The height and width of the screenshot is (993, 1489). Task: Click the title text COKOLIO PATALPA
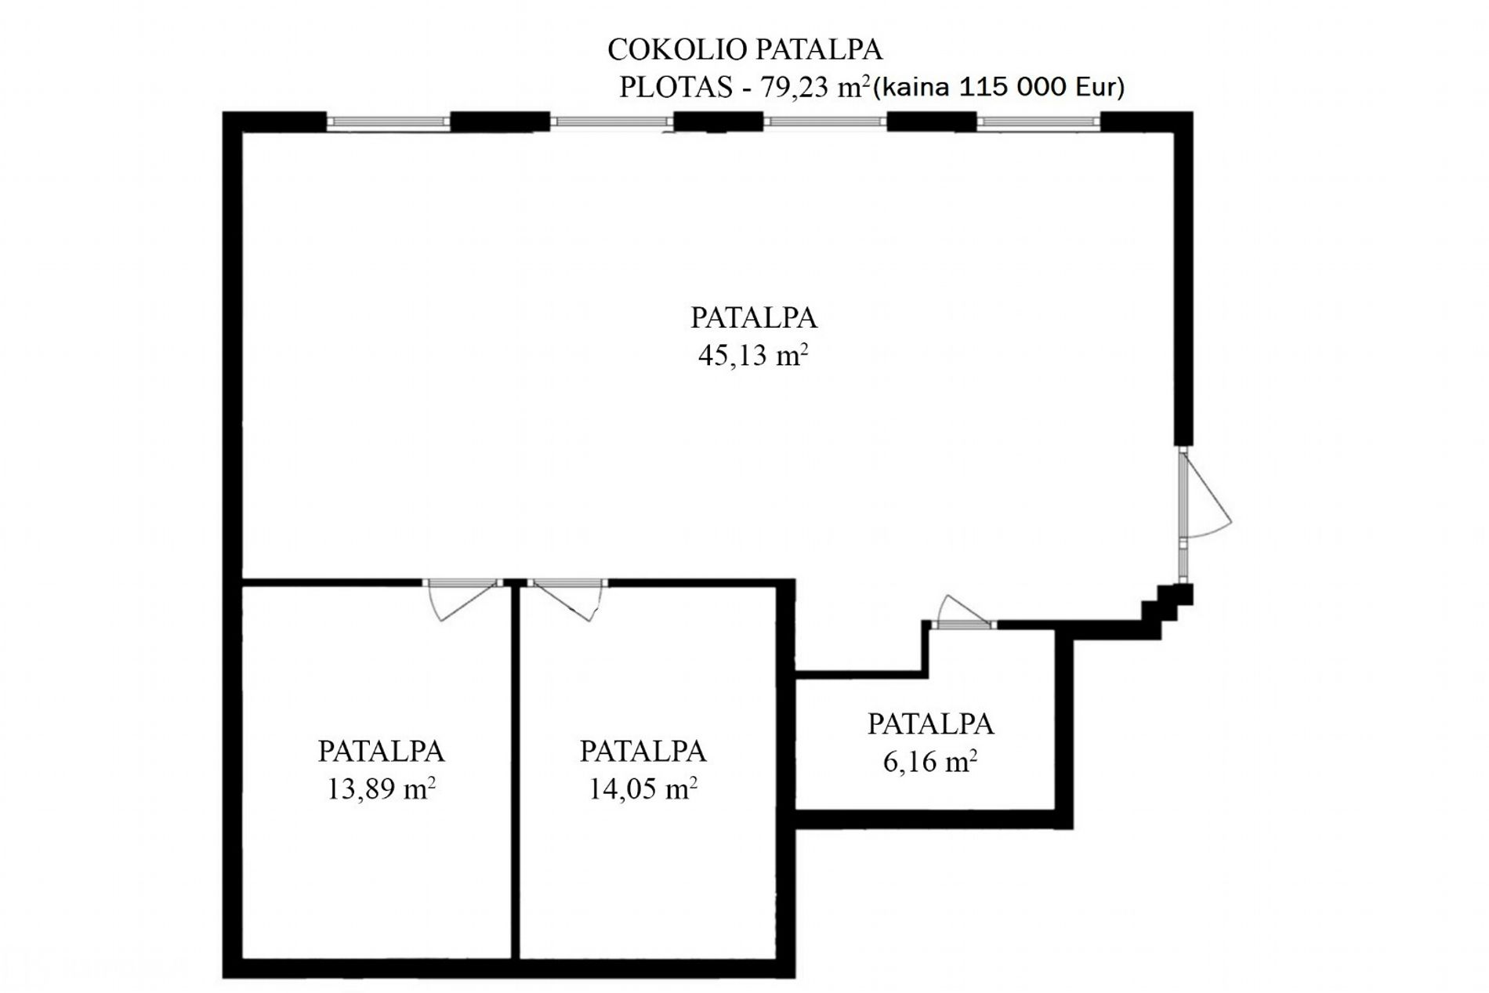pyautogui.click(x=744, y=49)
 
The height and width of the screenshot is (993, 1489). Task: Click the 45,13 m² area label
pyautogui.click(x=753, y=355)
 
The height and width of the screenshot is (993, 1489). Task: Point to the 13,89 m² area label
pyautogui.click(x=381, y=788)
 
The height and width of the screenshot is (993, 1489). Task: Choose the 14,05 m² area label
pyautogui.click(x=643, y=788)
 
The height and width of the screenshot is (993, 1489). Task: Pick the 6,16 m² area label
pyautogui.click(x=930, y=760)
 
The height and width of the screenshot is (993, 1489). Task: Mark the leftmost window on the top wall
pyautogui.click(x=388, y=121)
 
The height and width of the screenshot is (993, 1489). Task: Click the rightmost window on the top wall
pyautogui.click(x=1038, y=121)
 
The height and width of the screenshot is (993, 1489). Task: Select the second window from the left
pyautogui.click(x=611, y=121)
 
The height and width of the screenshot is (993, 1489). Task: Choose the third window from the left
pyautogui.click(x=825, y=121)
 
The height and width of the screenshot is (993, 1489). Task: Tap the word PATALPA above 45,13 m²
pyautogui.click(x=753, y=317)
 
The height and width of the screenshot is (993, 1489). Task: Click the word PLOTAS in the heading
pyautogui.click(x=676, y=87)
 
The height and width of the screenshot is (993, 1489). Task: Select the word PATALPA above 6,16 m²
pyautogui.click(x=930, y=723)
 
